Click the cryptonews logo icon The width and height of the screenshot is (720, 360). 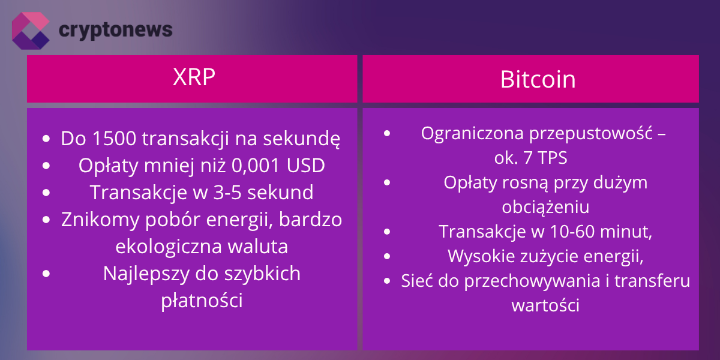click(x=31, y=30)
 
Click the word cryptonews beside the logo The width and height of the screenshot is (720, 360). click(x=115, y=29)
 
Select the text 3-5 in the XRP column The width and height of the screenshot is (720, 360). click(x=230, y=193)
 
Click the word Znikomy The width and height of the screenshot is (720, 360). click(x=96, y=220)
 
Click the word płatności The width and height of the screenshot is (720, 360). click(x=202, y=301)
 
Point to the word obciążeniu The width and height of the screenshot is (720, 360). click(x=545, y=207)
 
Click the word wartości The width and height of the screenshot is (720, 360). click(x=545, y=305)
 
